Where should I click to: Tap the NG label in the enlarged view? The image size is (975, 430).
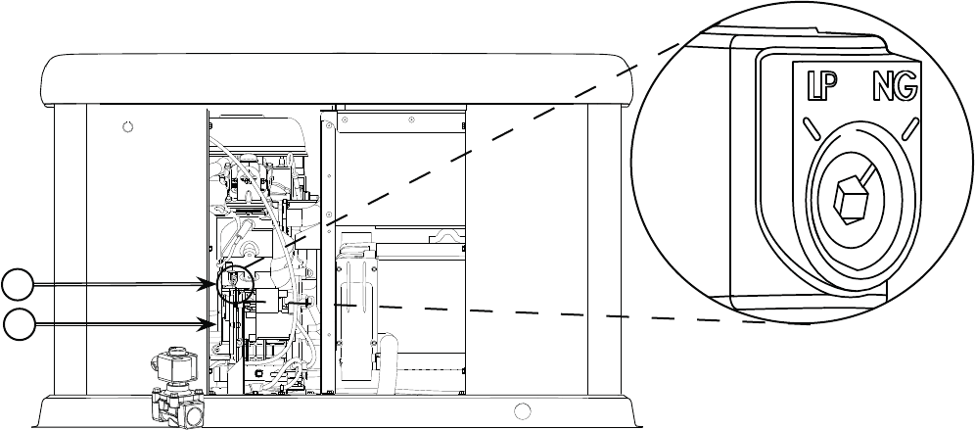894,89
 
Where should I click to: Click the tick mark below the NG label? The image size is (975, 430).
911,128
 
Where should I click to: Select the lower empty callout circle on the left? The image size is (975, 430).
17,323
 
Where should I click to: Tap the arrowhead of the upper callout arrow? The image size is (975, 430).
209,284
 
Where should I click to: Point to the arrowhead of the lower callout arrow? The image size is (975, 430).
209,323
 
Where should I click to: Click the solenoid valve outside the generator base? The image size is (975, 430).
175,387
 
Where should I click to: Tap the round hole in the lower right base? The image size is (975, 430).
524,411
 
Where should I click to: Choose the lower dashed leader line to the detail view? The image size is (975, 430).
548,311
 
